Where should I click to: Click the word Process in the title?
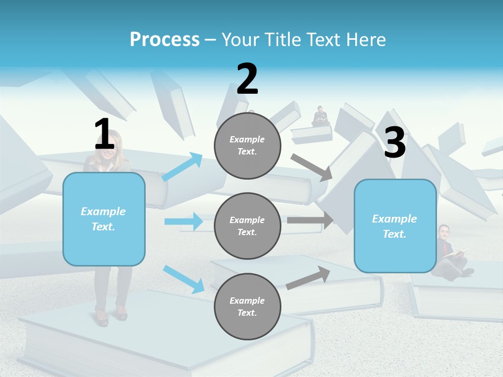tap(165, 39)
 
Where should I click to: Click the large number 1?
tap(104, 134)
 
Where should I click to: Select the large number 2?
tap(247, 79)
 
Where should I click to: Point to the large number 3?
tap(395, 142)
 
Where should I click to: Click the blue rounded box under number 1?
tap(104, 219)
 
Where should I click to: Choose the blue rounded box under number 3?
tap(395, 226)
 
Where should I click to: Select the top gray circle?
tap(247, 146)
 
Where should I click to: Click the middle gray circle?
tap(247, 226)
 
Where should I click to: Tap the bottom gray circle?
tap(247, 306)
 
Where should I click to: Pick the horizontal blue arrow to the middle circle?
tap(183, 221)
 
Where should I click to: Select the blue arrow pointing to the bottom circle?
tap(183, 279)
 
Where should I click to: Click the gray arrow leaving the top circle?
tap(311, 167)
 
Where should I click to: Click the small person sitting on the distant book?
tap(320, 116)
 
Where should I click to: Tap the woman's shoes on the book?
tap(111, 315)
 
